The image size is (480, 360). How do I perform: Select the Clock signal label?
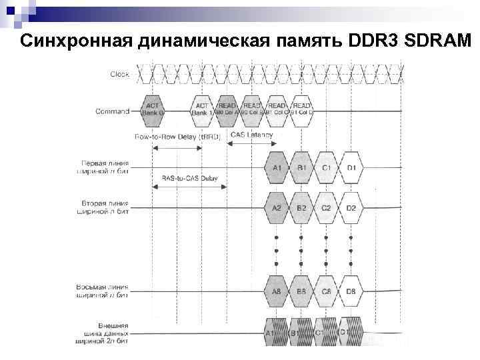point(120,74)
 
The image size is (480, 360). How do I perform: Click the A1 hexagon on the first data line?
point(277,167)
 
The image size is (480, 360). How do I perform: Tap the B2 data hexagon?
point(301,208)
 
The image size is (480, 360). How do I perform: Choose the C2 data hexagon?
point(327,208)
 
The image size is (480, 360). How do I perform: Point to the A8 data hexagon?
point(277,291)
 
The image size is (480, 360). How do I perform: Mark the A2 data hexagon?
point(277,208)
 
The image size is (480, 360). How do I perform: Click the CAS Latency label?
point(251,135)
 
